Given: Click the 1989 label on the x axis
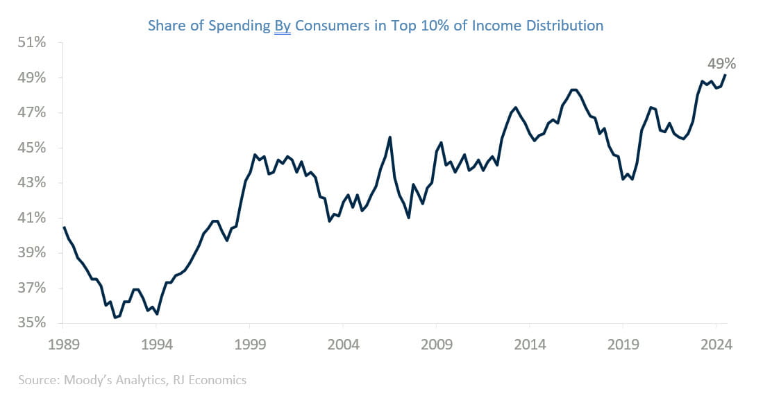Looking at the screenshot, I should (64, 344).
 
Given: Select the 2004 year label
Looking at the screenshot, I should (343, 344).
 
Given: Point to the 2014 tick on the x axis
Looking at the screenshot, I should (529, 344).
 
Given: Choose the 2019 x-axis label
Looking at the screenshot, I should (622, 344).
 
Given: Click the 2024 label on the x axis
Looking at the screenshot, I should (715, 344).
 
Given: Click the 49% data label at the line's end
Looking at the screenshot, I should (721, 64).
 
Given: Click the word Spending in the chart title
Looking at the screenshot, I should (237, 26).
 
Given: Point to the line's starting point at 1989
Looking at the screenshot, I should (64, 227).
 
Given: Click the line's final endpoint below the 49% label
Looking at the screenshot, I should (725, 75).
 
